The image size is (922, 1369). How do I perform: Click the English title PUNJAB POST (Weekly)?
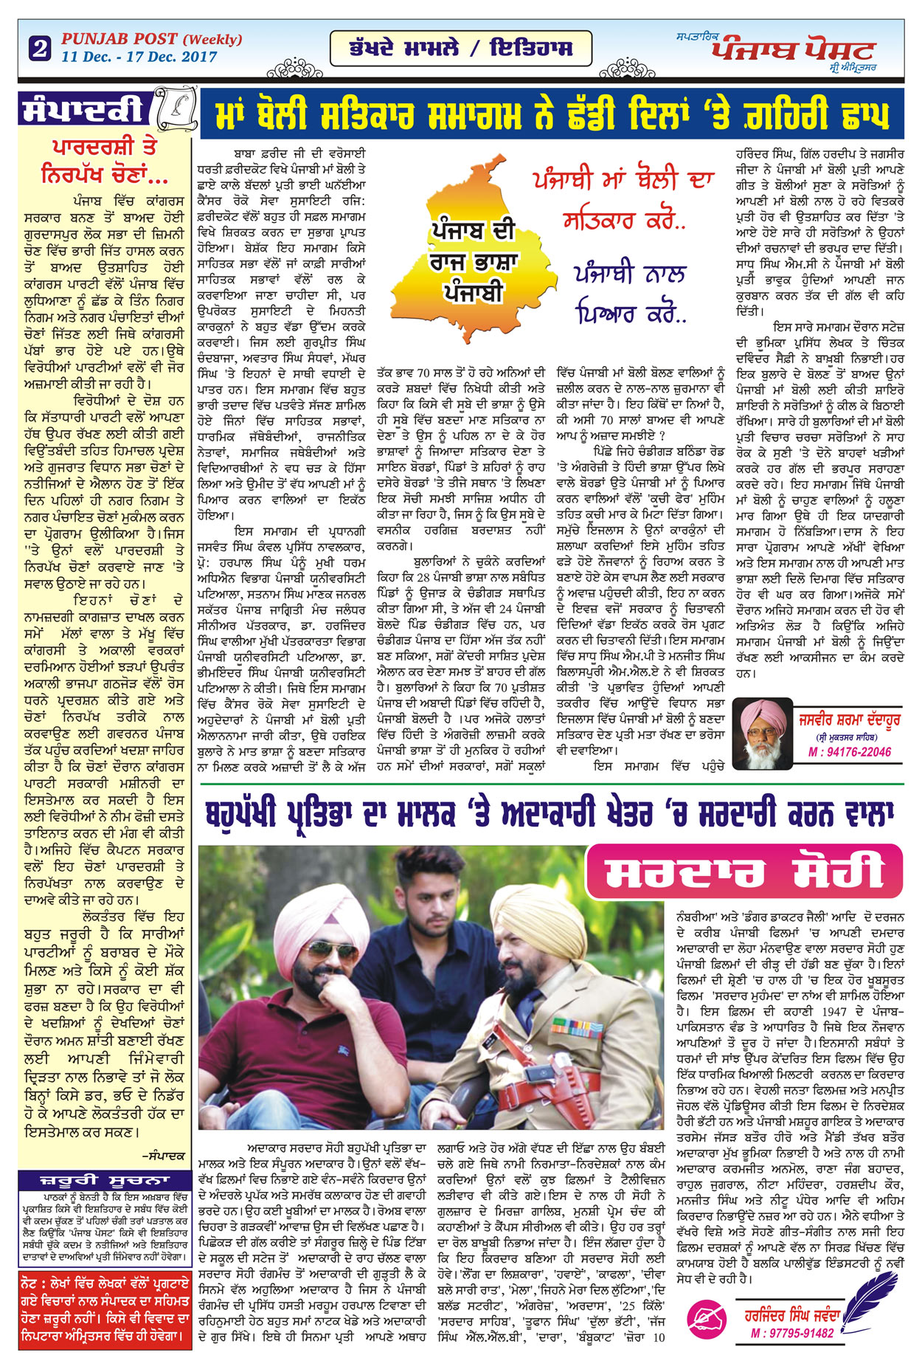click(x=151, y=39)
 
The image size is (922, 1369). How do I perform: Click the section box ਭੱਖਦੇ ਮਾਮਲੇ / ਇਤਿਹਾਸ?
click(x=461, y=49)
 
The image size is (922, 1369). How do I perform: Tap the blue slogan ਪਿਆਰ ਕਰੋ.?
click(x=631, y=313)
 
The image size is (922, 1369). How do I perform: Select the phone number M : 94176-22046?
click(x=849, y=752)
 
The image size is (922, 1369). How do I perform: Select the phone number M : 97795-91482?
click(x=791, y=1333)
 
